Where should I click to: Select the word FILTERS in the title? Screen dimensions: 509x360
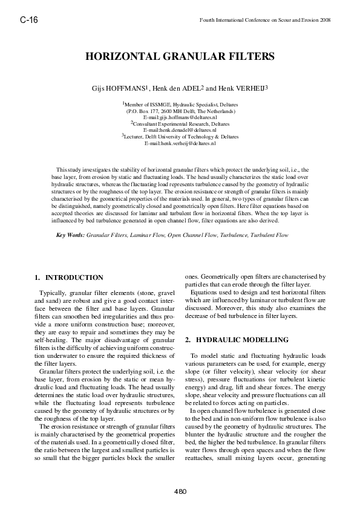249,57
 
